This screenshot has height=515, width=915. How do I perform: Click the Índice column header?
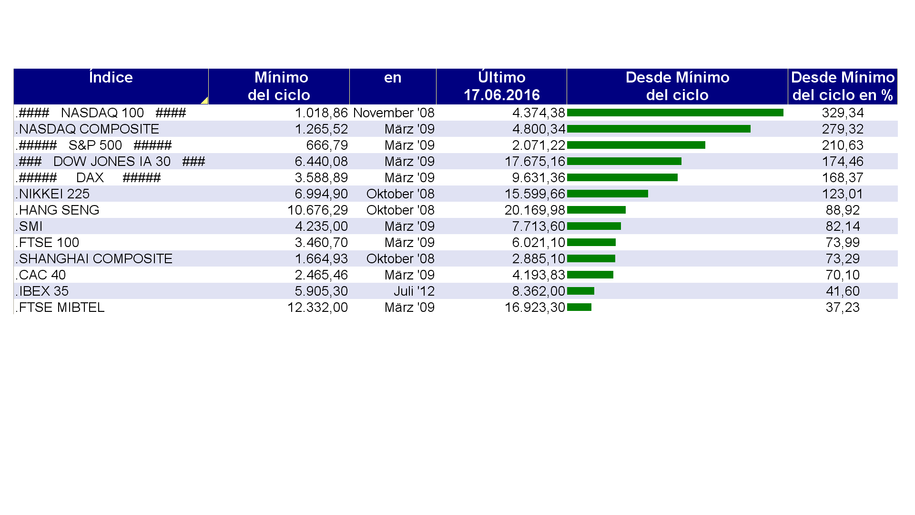coord(111,78)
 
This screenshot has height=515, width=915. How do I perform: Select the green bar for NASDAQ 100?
coord(675,113)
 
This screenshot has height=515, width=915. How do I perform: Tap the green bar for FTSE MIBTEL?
coord(579,307)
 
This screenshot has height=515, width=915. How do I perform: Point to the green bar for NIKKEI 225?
coord(607,194)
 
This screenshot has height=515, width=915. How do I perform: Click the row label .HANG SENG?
coord(58,210)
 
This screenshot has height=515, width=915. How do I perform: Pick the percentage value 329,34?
coord(843,113)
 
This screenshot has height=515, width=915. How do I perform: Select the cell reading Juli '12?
coord(414,291)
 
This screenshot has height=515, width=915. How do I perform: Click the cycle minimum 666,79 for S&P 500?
coord(327,145)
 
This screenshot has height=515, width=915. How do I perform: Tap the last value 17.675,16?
coord(535,161)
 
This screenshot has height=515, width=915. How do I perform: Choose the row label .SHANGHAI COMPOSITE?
coord(94,258)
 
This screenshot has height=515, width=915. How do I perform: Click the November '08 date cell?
coord(394,113)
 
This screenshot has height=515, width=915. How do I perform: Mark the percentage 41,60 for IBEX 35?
coord(843,291)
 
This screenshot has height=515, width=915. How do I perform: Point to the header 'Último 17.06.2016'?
coord(501,86)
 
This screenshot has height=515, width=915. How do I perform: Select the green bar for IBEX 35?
coord(580,291)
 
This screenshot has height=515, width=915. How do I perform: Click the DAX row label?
coord(90,177)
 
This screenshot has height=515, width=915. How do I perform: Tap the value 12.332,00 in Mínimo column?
coord(317,307)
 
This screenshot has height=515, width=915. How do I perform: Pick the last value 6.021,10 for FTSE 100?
coord(539,242)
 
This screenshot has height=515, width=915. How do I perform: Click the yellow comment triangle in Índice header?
coord(204,101)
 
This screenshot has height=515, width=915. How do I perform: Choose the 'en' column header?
coord(393,78)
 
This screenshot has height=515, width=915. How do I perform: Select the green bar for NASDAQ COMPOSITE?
coord(659,129)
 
